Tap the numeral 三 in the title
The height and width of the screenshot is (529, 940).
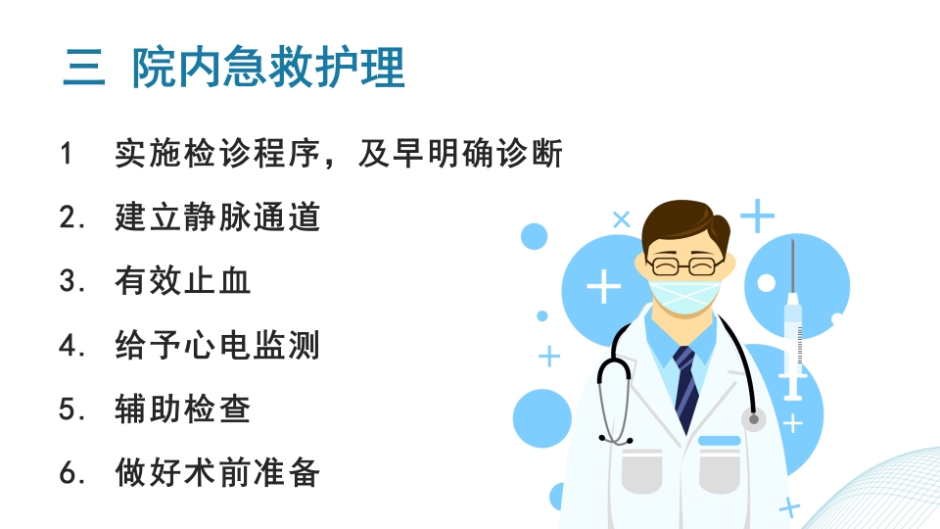point(83,69)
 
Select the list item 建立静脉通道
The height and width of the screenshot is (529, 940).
point(217,216)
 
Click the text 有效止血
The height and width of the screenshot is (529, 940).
point(183,281)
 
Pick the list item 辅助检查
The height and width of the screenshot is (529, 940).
point(183,409)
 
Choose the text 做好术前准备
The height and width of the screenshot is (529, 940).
point(217,473)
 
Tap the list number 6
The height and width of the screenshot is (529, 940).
point(68,473)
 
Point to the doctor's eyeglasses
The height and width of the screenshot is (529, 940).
point(683,264)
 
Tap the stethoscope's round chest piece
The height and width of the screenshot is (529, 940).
point(753,420)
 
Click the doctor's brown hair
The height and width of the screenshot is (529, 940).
point(685,223)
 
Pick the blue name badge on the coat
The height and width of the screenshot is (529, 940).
point(719,440)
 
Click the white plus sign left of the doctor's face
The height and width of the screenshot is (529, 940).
point(603,286)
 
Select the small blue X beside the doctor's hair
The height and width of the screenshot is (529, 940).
point(621,219)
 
